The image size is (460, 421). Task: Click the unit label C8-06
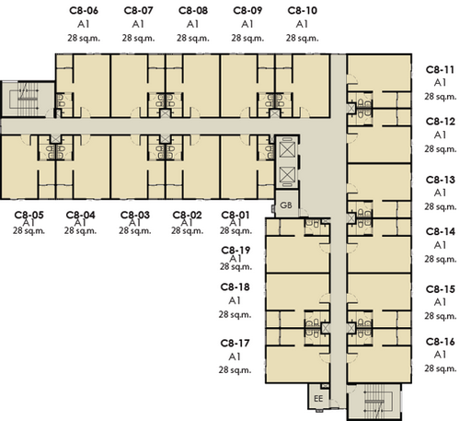[x=84, y=10]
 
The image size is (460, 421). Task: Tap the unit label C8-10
[x=303, y=10]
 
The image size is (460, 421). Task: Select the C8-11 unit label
[x=440, y=70]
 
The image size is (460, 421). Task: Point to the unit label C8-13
[x=440, y=180]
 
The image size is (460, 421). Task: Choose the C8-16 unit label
[x=440, y=342]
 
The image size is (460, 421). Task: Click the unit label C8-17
[x=236, y=343]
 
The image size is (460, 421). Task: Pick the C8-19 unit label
[x=236, y=251]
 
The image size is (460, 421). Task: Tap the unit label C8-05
[x=29, y=215]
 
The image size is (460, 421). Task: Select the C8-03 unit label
[x=135, y=215]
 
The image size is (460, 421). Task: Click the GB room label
[x=286, y=205]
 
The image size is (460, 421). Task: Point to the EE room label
[x=318, y=399]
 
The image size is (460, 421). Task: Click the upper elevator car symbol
[x=287, y=149]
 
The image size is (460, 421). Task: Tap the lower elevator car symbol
[x=287, y=174]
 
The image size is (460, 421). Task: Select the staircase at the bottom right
[x=374, y=402]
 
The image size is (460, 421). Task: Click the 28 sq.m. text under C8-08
[x=193, y=38]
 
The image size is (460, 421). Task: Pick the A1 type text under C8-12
[x=440, y=134]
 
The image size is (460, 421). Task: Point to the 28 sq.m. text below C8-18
[x=235, y=314]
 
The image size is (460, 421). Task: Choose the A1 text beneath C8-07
[x=138, y=24]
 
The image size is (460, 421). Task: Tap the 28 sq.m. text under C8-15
[x=441, y=316]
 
